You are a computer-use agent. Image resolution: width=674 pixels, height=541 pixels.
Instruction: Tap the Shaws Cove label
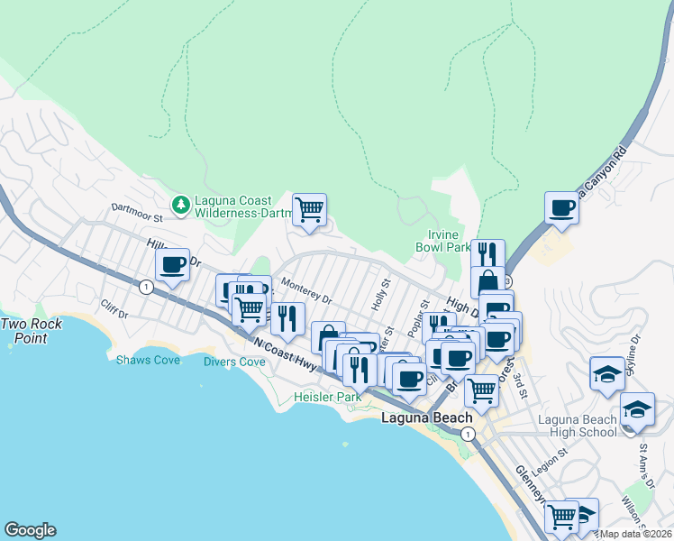tap(148, 360)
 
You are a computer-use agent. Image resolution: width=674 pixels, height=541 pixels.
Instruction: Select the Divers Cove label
tap(233, 362)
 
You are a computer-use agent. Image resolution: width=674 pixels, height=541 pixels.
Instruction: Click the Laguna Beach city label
tap(426, 418)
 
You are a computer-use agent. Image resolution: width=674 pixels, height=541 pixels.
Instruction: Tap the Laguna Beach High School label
tap(577, 426)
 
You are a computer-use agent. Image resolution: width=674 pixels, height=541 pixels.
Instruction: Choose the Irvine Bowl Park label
tap(443, 246)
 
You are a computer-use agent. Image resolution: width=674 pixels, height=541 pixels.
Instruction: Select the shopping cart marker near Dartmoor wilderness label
tap(309, 210)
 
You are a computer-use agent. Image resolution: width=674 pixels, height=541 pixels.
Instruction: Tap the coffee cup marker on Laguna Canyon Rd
tap(562, 209)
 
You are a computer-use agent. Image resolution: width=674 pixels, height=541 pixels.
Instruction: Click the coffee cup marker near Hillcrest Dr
tap(172, 265)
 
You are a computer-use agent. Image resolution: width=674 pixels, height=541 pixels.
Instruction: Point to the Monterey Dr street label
tap(306, 290)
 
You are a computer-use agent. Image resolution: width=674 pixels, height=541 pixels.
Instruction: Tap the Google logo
tap(30, 530)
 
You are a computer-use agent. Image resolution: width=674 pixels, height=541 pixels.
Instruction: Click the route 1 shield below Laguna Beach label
tap(468, 434)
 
